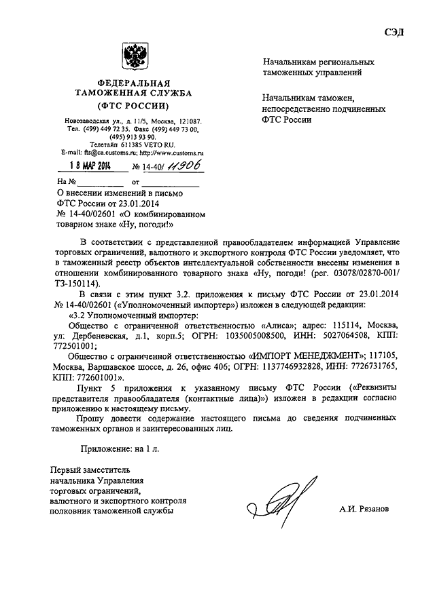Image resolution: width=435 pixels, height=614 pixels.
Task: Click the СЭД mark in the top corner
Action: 394,33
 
